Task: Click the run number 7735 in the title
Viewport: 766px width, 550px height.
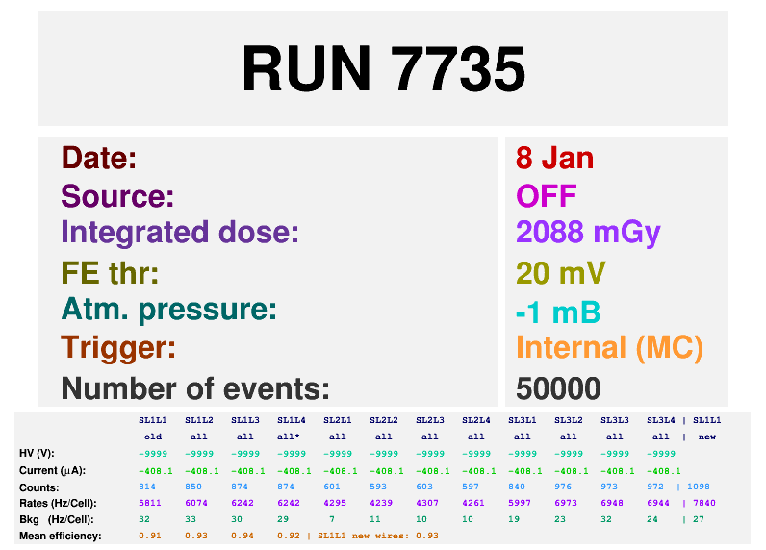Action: coord(458,68)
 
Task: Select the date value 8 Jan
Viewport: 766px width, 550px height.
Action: coord(554,158)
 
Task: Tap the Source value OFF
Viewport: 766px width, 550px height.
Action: coord(547,196)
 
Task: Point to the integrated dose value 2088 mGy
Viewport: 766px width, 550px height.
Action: coord(588,233)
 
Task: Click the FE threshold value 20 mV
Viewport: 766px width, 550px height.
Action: coord(560,272)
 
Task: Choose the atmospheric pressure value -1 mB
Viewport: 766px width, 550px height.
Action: coord(558,312)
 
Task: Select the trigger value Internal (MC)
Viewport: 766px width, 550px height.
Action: coord(610,348)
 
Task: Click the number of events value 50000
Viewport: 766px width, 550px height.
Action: coord(558,388)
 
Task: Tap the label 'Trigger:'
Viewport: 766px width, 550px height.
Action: coord(118,348)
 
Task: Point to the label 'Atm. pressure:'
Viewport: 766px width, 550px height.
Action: coord(169,310)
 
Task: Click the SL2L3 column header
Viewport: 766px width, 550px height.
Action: coord(430,420)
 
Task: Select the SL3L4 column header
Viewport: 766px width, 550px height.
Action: coord(661,420)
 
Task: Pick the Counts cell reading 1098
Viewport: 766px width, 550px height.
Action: coord(698,487)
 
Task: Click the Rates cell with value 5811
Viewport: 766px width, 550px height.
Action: coord(150,503)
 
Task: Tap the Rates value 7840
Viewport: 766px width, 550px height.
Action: coord(704,503)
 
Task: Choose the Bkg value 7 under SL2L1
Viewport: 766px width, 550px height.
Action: coord(332,519)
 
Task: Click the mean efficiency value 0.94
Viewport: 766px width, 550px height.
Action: coord(243,536)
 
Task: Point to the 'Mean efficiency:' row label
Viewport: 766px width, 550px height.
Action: coord(61,536)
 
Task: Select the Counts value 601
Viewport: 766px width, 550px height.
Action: coord(332,487)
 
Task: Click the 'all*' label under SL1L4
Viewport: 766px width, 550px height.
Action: coord(292,437)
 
